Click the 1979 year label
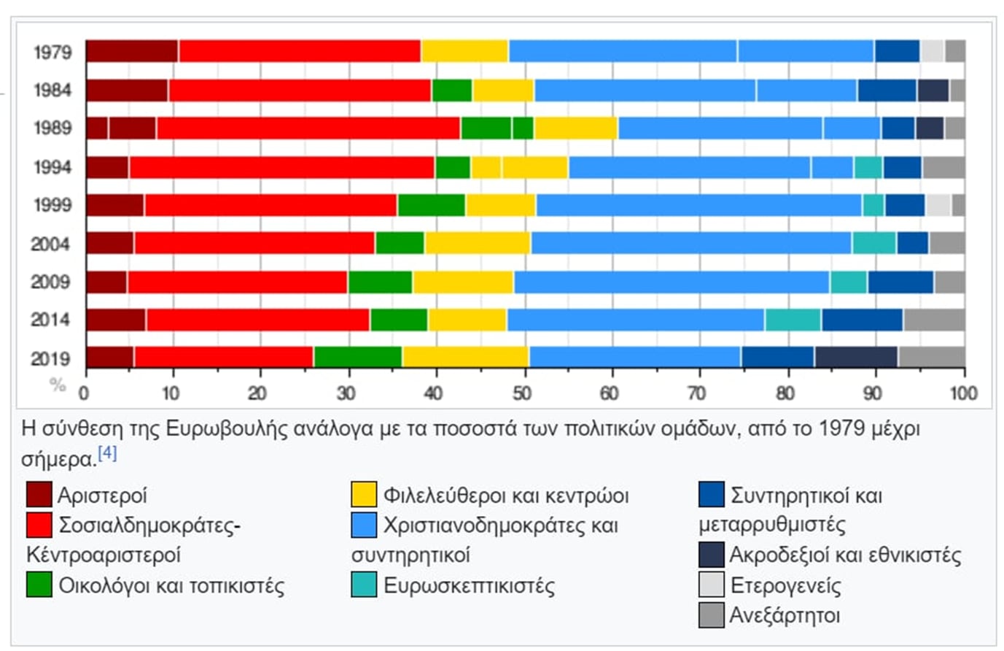(x=52, y=53)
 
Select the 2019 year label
(x=51, y=358)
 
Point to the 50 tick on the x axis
(x=522, y=394)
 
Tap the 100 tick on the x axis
(x=963, y=394)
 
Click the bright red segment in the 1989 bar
(x=308, y=128)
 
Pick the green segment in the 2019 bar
(x=358, y=357)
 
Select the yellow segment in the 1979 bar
(x=464, y=51)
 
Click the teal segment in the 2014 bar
(x=793, y=320)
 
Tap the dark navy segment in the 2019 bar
(x=857, y=357)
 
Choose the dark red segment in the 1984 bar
(x=128, y=90)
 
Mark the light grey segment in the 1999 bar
(x=938, y=205)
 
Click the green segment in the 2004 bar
(x=400, y=243)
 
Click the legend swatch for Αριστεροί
(x=39, y=495)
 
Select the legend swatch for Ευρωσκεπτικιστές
(x=364, y=585)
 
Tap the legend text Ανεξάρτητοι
(x=785, y=615)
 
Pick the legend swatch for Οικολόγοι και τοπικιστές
(x=39, y=585)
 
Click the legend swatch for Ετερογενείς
(x=711, y=585)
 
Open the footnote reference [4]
(x=107, y=453)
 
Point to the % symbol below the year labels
(x=58, y=385)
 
